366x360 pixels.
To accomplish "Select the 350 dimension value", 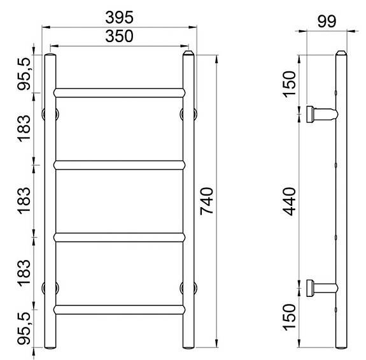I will (120, 37).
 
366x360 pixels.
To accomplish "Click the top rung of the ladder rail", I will (119, 92).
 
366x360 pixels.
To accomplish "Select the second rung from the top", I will (119, 164).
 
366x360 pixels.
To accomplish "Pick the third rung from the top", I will (119, 237).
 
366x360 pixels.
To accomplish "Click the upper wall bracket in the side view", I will (320, 115).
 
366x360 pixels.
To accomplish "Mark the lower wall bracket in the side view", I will (320, 288).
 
